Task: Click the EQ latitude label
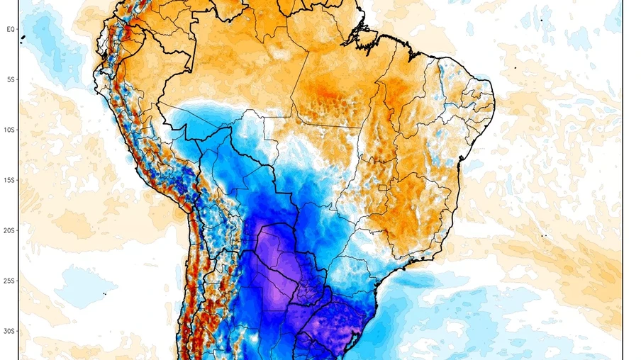click(x=11, y=29)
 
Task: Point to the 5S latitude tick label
click(x=11, y=79)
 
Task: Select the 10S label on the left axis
click(x=11, y=130)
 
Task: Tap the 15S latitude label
click(x=11, y=180)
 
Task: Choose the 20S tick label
click(x=11, y=230)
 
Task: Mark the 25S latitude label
click(x=11, y=281)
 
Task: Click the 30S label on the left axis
click(x=11, y=331)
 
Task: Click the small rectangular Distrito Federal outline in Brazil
click(x=384, y=188)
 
